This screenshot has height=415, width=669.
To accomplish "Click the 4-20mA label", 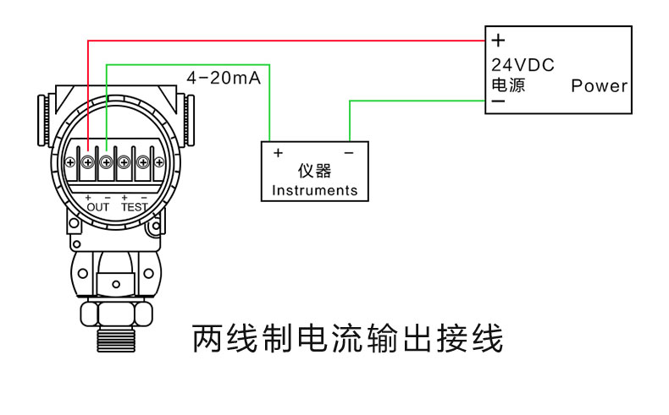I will (224, 79).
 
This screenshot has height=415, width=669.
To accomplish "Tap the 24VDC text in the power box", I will (522, 65).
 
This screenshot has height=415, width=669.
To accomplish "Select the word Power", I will (599, 85).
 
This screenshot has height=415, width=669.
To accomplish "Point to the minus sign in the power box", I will (498, 102).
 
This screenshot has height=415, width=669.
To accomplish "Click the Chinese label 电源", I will (508, 85).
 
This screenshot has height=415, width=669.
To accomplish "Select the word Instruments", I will (314, 190).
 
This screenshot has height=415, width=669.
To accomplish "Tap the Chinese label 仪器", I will (314, 172).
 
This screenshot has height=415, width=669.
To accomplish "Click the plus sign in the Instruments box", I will (277, 153).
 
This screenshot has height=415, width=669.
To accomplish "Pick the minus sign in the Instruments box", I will (348, 153).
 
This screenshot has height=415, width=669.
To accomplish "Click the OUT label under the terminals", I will (98, 207).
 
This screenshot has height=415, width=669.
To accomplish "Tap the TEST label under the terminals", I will (134, 207).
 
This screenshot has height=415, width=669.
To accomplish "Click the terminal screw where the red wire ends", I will (88, 161).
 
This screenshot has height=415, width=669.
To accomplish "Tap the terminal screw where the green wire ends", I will (107, 161).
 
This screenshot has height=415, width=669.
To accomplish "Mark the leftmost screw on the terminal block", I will (70, 161).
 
